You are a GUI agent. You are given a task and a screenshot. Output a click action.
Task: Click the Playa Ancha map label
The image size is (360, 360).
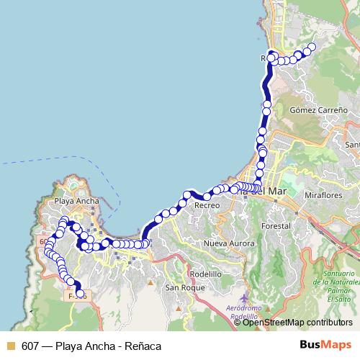point(72,202)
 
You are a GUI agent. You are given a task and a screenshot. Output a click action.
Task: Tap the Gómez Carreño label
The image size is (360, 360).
point(318,110)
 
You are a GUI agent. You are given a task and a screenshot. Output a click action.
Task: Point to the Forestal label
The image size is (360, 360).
point(276,225)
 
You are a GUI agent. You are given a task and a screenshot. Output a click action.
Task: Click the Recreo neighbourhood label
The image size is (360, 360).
point(207,206)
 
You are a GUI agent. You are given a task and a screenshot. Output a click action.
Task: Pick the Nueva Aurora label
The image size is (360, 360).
point(229,244)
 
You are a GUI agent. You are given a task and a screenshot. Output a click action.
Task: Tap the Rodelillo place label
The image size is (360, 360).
point(206,274)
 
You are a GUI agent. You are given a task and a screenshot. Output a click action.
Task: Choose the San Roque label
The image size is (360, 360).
point(180,288)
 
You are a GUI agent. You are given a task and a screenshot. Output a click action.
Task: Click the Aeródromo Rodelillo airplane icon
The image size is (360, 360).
point(246,297)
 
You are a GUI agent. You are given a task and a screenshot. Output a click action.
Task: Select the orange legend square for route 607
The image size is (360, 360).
point(10,346)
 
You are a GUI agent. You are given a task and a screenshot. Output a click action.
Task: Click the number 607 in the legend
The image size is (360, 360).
point(30,346)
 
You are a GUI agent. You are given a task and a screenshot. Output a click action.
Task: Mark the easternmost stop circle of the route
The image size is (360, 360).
point(312,48)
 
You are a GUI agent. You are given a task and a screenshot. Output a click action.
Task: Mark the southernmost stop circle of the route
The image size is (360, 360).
point(81,294)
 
